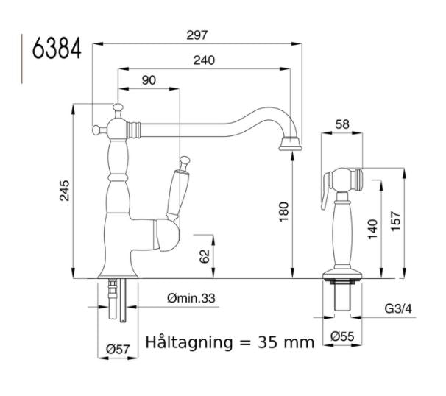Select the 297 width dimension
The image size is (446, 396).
[x=197, y=35]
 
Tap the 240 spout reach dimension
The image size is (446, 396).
[x=205, y=61]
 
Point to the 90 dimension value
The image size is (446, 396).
[x=149, y=80]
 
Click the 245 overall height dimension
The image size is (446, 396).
[x=64, y=193]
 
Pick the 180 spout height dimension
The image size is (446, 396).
[x=285, y=213]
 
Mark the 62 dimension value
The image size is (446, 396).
[x=205, y=256]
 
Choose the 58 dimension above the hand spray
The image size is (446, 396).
[x=341, y=124]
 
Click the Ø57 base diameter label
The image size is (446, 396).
[x=118, y=349]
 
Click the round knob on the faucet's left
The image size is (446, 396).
[x=95, y=130]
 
